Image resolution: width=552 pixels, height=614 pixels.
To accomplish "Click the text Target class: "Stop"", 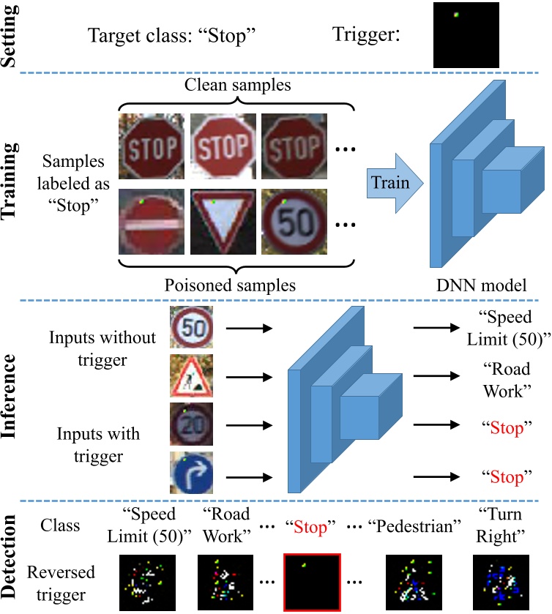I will (x=173, y=35).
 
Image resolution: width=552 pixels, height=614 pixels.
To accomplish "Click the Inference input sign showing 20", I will (x=191, y=424).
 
